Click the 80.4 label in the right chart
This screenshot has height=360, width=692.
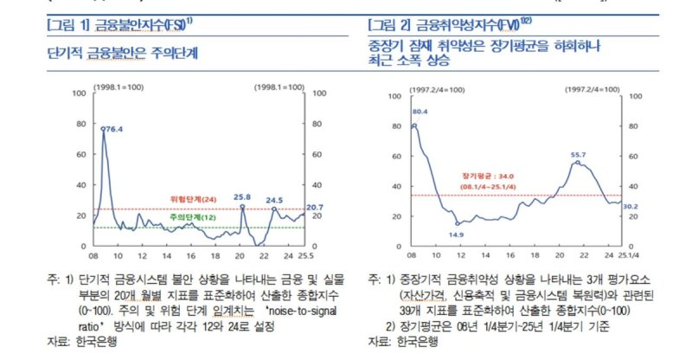(418, 112)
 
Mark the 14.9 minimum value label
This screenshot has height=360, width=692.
(458, 235)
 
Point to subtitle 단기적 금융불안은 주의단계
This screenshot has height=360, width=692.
(122, 53)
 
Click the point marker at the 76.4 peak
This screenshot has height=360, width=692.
(103, 129)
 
